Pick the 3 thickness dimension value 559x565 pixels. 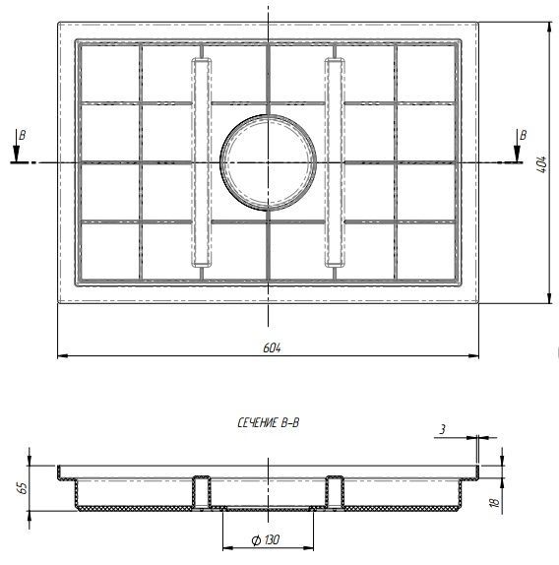[x=443, y=429]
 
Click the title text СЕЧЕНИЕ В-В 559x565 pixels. [x=269, y=422]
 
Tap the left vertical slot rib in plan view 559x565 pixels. [x=202, y=162]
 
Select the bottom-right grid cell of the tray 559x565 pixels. [x=426, y=251]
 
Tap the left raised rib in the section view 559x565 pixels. [x=202, y=490]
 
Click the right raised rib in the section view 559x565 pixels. [x=335, y=490]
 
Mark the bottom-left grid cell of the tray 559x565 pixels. [x=108, y=251]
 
